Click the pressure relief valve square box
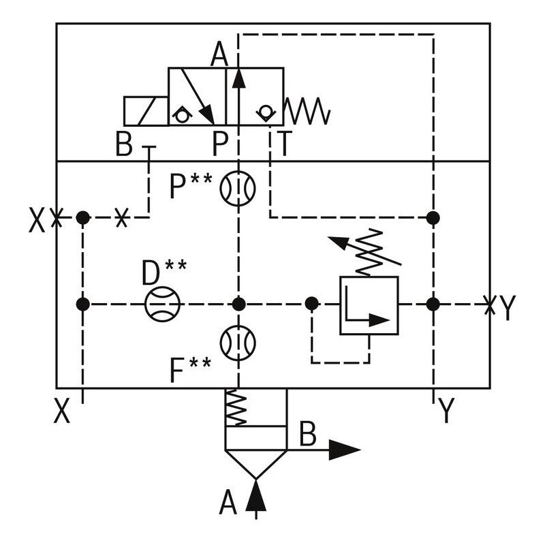[369, 305]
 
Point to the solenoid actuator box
[146, 111]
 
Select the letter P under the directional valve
[219, 144]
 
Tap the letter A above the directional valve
[219, 54]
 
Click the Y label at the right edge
[507, 309]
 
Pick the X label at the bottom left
[62, 411]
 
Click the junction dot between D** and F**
[238, 304]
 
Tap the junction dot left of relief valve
[311, 304]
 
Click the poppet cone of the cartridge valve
[255, 463]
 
